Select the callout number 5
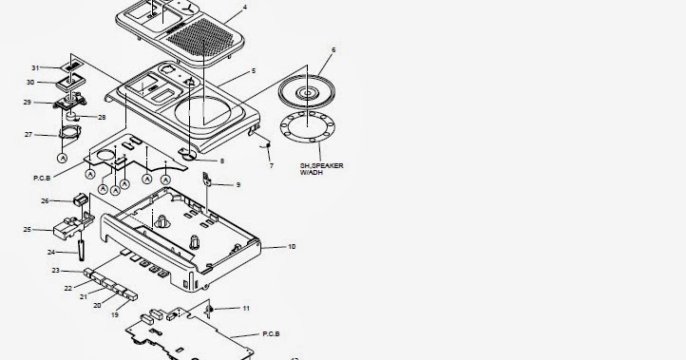pos(253,71)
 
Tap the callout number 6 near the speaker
pos(333,49)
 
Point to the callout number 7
pos(271,166)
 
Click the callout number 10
pos(292,247)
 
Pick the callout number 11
pos(247,309)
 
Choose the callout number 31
pos(35,67)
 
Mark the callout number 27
pos(29,135)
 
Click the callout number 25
pos(28,230)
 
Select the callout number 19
pos(116,313)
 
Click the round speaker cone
pos(309,92)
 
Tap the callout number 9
pos(238,184)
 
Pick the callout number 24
pos(50,252)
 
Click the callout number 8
pos(221,161)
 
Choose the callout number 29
pos(28,102)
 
